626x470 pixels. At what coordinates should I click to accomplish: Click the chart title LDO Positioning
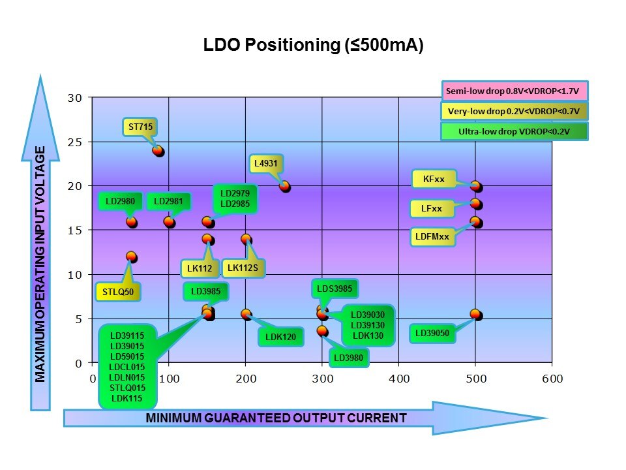[x=313, y=46]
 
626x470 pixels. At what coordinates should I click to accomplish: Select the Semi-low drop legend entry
[x=514, y=90]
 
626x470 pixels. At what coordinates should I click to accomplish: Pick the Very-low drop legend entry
[x=514, y=111]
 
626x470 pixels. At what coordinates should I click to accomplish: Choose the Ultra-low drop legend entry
[x=514, y=131]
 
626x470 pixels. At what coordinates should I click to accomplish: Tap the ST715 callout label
[x=140, y=127]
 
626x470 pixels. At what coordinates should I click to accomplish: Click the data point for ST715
[x=158, y=151]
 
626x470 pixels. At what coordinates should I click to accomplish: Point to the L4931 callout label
[x=267, y=165]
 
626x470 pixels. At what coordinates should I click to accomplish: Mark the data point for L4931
[x=284, y=186]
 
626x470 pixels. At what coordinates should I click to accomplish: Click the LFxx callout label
[x=431, y=209]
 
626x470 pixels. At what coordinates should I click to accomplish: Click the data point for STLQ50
[x=131, y=257]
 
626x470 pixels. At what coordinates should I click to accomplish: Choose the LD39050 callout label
[x=432, y=334]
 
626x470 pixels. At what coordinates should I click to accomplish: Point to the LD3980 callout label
[x=350, y=357]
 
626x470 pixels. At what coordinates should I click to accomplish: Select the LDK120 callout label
[x=280, y=337]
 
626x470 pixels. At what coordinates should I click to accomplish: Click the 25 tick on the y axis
[x=76, y=142]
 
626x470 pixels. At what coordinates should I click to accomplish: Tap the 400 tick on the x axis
[x=399, y=379]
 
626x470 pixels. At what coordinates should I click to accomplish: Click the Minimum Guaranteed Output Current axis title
[x=276, y=418]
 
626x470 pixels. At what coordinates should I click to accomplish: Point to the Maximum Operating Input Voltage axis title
[x=40, y=264]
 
